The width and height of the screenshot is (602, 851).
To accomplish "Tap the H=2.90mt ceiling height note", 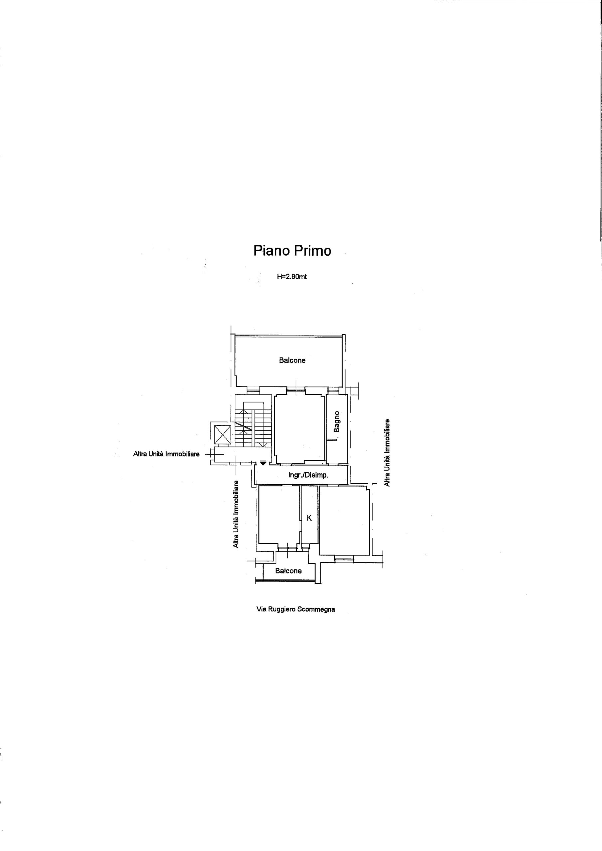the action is coord(292,277).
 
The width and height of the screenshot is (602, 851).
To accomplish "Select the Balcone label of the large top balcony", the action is coord(292,360).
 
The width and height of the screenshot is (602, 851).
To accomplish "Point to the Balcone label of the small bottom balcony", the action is coord(288,571).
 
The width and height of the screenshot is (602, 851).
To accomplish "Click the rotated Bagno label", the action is coord(337,422).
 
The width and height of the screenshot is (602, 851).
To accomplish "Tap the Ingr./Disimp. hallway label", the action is coord(308,475).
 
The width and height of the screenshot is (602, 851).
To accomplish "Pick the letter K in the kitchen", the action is coord(309,518).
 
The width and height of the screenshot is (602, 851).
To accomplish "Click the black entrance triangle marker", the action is coord(263,462).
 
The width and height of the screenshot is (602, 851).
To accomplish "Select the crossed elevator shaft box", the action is coord(223,434).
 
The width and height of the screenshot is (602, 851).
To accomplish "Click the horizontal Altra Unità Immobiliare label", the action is coord(166,454).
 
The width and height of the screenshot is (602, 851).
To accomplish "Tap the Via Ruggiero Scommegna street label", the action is coord(296,609).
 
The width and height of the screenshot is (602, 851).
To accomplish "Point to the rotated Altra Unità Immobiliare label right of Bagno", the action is coord(387,452).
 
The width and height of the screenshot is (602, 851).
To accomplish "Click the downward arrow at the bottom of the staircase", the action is coord(263,444).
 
